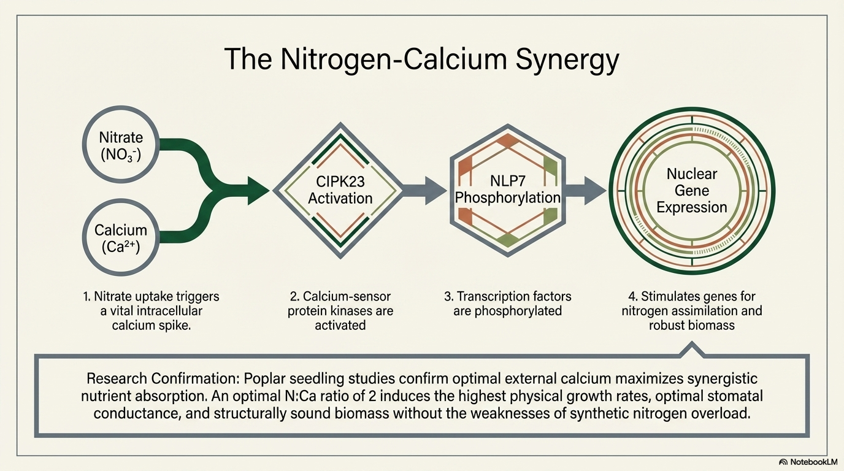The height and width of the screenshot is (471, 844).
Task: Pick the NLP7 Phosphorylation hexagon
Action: (507, 190)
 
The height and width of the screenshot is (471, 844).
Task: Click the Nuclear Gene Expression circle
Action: (691, 190)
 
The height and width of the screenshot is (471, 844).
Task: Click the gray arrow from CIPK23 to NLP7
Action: (424, 190)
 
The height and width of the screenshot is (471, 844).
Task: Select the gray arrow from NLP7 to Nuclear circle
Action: (586, 190)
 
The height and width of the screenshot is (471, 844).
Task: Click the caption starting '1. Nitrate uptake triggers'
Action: (151, 311)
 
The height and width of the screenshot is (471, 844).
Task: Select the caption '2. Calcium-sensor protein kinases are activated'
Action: (340, 311)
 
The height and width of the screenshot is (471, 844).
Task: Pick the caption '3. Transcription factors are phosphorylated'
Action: (507, 304)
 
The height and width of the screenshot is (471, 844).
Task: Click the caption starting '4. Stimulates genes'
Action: (691, 311)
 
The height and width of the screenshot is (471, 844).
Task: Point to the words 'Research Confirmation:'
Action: (156, 378)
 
